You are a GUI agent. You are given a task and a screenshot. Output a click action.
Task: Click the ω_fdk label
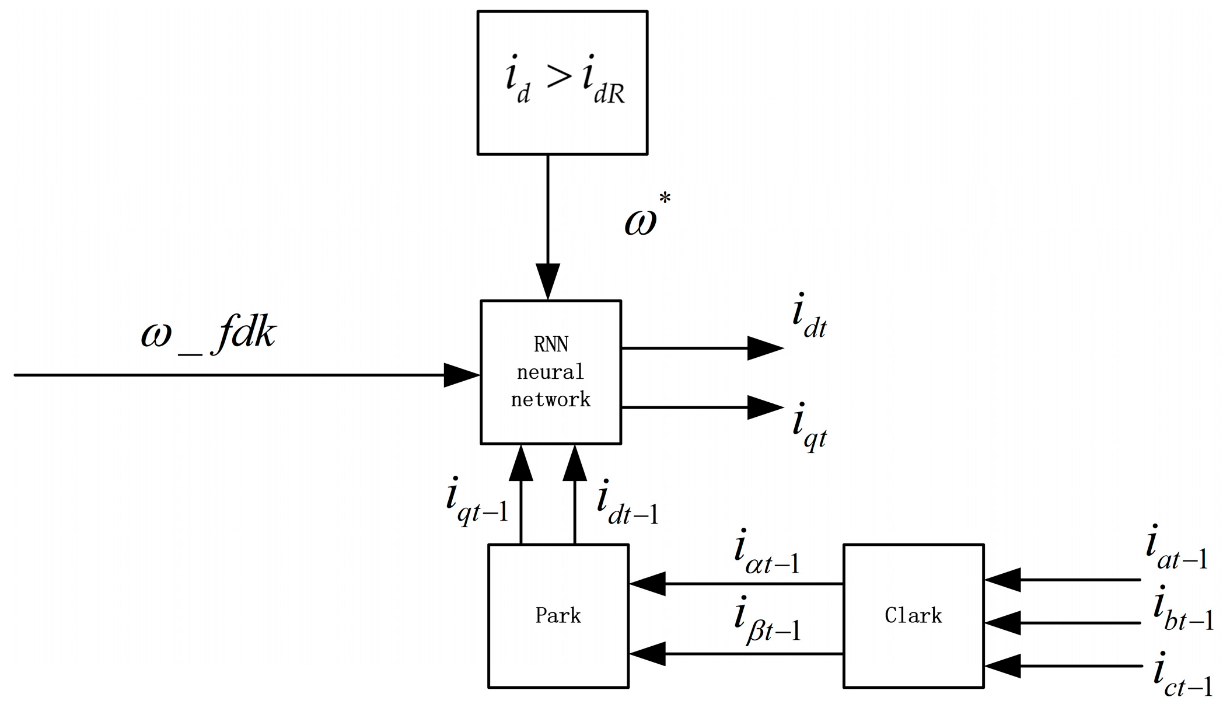208,337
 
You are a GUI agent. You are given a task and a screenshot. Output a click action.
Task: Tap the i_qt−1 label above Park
477,504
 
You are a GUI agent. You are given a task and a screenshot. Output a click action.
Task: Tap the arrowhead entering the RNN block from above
548,281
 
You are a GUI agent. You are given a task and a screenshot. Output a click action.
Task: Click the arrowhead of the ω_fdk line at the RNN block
462,375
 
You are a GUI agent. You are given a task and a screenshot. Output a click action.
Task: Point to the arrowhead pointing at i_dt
766,348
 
